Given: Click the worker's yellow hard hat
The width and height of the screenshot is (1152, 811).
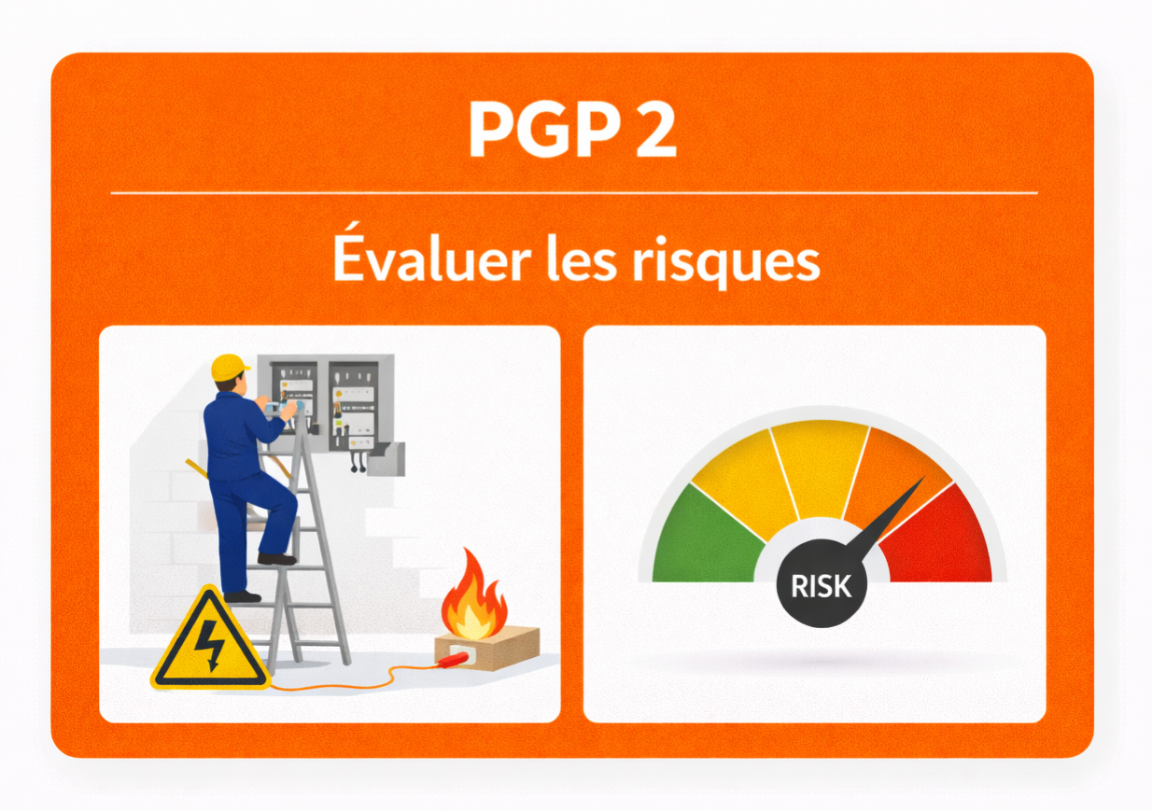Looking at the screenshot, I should pos(229,367).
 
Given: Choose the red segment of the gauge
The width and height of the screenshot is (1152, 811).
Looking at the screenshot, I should pos(938,541).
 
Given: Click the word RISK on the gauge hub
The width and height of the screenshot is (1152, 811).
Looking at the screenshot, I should pos(821,586).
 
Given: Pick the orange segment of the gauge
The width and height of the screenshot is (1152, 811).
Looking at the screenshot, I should pos(896,476).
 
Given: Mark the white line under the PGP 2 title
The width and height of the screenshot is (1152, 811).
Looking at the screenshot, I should pos(573,193).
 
